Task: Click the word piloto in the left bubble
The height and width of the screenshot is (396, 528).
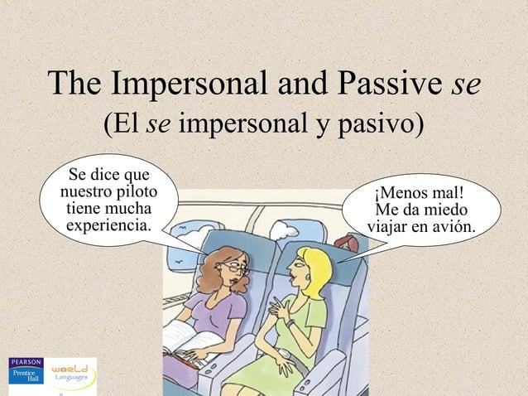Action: tap(130, 191)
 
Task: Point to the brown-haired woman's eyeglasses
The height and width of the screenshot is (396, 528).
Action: tap(235, 268)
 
